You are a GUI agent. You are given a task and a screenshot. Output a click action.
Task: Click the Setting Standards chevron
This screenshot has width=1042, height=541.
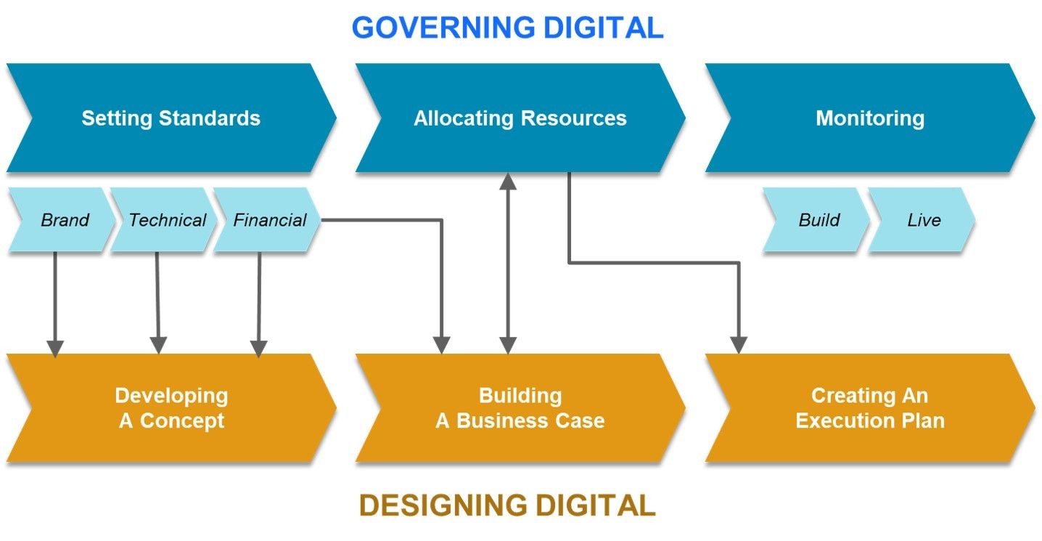click(171, 118)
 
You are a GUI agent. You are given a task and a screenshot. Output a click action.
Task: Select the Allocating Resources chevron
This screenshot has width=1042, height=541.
click(520, 118)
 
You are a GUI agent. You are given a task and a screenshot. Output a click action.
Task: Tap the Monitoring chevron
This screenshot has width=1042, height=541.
click(869, 118)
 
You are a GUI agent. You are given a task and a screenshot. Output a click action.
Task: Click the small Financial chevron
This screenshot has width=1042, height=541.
click(268, 220)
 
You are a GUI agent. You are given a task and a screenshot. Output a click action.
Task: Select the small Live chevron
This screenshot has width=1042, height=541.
click(923, 220)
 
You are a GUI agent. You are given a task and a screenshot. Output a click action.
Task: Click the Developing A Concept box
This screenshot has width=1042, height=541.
click(171, 408)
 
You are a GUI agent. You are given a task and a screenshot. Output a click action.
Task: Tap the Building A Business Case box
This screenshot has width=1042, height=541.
click(520, 408)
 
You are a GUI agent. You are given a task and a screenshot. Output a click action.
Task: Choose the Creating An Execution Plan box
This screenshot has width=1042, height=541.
click(869, 408)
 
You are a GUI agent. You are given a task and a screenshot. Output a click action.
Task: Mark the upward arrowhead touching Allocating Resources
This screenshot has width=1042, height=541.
click(508, 181)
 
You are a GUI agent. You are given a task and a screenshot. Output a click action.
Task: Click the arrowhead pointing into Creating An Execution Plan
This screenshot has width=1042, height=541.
click(739, 344)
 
